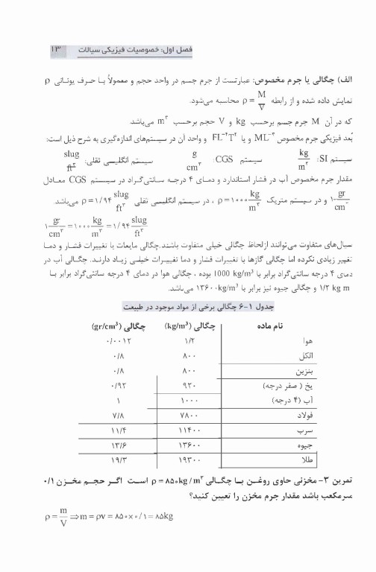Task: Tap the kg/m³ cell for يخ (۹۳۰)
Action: click(188, 387)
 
